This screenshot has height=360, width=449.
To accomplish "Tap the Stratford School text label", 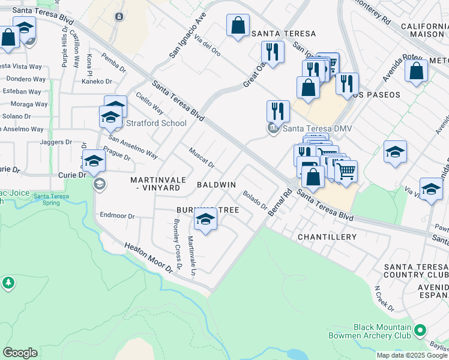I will click(x=157, y=124).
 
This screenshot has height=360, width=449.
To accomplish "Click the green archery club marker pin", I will click(x=420, y=331).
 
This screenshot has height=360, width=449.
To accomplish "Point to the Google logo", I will click(x=20, y=352).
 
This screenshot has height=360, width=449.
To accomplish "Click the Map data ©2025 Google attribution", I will click(x=412, y=355).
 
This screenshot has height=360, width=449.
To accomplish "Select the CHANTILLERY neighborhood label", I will click(x=327, y=237).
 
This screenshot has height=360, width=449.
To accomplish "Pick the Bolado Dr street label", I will click(x=255, y=200).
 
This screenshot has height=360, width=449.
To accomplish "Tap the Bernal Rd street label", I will click(x=280, y=203).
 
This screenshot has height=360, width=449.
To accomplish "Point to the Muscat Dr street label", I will click(x=201, y=158).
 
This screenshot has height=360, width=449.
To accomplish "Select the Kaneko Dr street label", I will click(x=97, y=82).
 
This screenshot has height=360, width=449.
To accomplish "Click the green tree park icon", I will click(x=8, y=282).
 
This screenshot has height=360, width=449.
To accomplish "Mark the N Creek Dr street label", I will click(x=384, y=298).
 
